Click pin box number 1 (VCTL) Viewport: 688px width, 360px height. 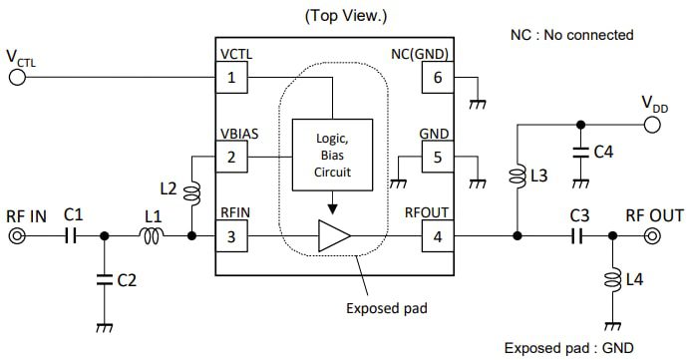click(x=231, y=76)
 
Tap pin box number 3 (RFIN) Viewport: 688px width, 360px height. click(x=231, y=236)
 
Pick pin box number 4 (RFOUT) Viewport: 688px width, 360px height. click(x=436, y=236)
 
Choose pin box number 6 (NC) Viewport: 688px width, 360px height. click(x=436, y=76)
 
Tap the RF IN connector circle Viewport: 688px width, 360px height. click(x=17, y=236)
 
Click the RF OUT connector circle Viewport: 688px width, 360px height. click(x=652, y=236)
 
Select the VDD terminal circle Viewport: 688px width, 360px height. click(x=652, y=125)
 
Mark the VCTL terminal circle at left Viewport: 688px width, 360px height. click(x=17, y=76)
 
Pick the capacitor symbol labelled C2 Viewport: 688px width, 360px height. click(x=104, y=281)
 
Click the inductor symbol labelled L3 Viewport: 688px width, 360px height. click(x=517, y=178)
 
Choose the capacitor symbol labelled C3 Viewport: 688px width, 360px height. click(x=577, y=236)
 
